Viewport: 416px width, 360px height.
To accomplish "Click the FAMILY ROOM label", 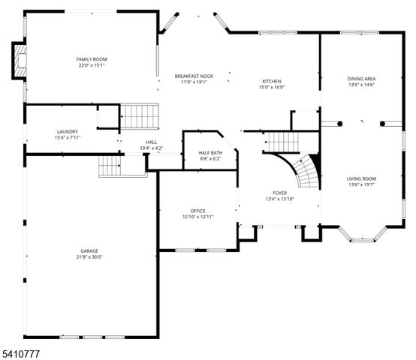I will coord(92,59).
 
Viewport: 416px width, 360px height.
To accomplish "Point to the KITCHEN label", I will coord(271,81).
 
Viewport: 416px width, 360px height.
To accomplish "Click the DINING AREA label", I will coord(361,79).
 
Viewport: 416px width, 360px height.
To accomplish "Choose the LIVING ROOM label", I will coord(361,178).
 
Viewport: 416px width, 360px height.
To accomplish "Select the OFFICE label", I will coord(197,211).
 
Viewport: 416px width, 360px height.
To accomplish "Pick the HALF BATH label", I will coord(210,152).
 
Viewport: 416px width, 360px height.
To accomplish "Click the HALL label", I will coord(151,142).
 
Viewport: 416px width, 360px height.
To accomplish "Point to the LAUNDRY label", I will coord(67,131).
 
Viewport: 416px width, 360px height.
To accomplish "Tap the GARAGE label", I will coord(89,250).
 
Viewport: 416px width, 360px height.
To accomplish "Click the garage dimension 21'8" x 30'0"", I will coord(89,256).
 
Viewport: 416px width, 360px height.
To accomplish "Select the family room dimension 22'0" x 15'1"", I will coord(92,65).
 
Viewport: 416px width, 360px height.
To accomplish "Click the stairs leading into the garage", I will coord(110,166).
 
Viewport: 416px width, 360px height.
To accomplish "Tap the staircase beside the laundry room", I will coord(140,116).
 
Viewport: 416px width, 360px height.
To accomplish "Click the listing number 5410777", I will coord(20,351).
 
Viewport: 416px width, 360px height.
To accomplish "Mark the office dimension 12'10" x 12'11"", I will coord(197,217).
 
